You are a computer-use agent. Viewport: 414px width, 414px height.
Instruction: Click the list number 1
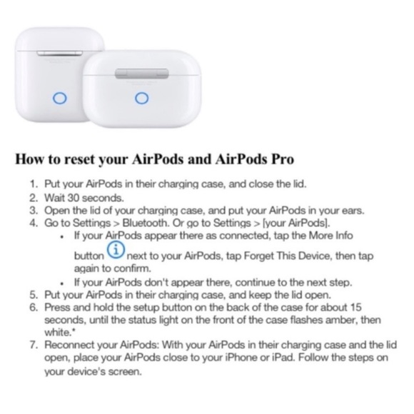(x=33, y=183)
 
